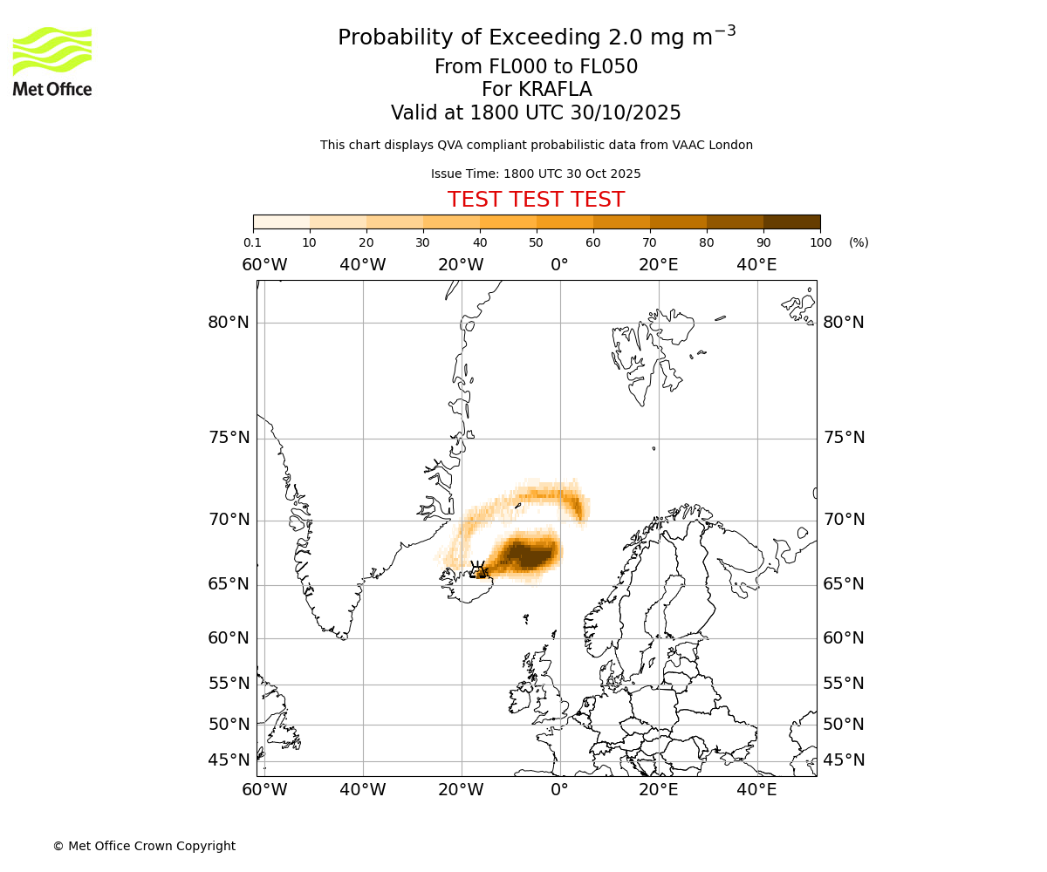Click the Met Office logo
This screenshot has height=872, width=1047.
tap(52, 61)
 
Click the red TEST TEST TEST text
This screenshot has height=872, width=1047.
tap(536, 200)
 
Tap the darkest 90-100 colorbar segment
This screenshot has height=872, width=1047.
tap(791, 222)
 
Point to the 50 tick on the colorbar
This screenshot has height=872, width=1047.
tap(536, 242)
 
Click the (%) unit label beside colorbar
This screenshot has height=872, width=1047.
tap(859, 242)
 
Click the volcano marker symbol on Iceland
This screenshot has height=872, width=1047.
tap(477, 569)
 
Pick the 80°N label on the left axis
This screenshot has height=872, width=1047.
tap(229, 323)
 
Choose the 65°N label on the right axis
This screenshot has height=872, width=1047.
tap(843, 584)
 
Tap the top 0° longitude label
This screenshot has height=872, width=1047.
tap(559, 265)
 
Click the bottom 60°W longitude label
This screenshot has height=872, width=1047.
tap(264, 790)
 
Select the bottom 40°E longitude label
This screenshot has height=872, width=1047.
tap(756, 790)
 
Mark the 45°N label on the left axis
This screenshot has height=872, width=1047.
tap(229, 760)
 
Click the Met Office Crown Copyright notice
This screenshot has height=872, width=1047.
tap(144, 846)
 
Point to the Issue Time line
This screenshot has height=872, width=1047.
tap(536, 174)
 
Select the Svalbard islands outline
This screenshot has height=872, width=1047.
tap(646, 358)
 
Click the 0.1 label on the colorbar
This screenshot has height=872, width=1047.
tap(252, 242)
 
